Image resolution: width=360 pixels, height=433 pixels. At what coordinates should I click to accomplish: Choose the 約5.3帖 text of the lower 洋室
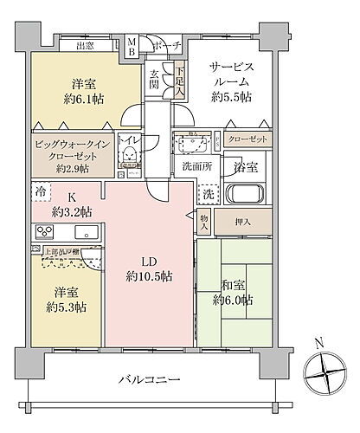click(x=66, y=306)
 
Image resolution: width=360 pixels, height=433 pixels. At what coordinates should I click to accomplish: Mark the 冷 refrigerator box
click(x=40, y=188)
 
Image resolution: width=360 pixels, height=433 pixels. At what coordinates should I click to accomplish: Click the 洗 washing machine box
click(x=208, y=193)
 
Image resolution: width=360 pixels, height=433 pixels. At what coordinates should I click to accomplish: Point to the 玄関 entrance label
click(x=154, y=79)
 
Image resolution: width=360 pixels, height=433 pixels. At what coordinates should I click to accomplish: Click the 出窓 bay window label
click(x=86, y=45)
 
